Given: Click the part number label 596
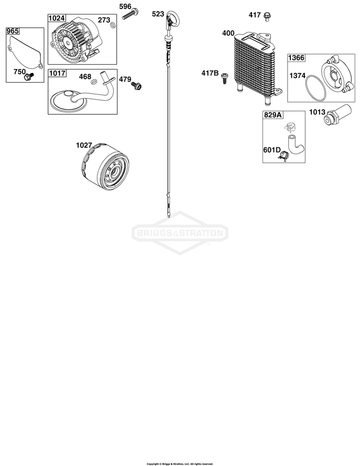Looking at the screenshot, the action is coord(125,6).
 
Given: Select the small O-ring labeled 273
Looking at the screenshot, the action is coord(112,25).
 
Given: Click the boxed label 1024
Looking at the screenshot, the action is coord(57,18).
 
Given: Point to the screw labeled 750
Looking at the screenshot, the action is coord(30,76).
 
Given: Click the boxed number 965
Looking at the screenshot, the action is coord(12,31).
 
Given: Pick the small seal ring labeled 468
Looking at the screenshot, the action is coord(94,82).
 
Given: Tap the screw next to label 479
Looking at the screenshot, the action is coord(137,85).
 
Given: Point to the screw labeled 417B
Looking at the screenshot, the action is coord(225,79).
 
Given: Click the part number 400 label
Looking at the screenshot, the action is coord(228,33).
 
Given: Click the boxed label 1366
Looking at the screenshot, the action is coord(296,58).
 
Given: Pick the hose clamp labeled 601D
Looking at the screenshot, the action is coord(284,155).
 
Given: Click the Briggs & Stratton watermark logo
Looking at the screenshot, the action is coord(180,233).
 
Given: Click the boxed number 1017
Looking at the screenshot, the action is coord(57,73).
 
